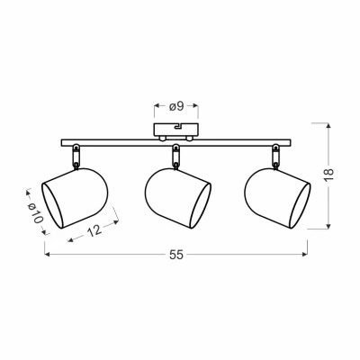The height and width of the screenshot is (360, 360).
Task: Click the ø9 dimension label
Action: pyautogui.click(x=176, y=106)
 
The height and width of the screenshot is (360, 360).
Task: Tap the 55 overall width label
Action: pyautogui.click(x=176, y=255)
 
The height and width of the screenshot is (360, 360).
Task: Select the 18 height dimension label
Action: pyautogui.click(x=328, y=175)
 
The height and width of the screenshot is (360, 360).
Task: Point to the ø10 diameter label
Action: pyautogui.click(x=35, y=212)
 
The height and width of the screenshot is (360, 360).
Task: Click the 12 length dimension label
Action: pyautogui.click(x=94, y=230)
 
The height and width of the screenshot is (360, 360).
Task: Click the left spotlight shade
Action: pyautogui.click(x=75, y=198)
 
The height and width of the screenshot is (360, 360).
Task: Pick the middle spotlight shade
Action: pyautogui.click(x=178, y=198)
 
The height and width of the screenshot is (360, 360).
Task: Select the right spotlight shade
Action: pyautogui.click(x=277, y=198)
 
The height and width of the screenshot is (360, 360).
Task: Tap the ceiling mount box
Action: pyautogui.click(x=176, y=130)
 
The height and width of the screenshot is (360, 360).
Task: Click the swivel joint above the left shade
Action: pyautogui.click(x=76, y=157)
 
